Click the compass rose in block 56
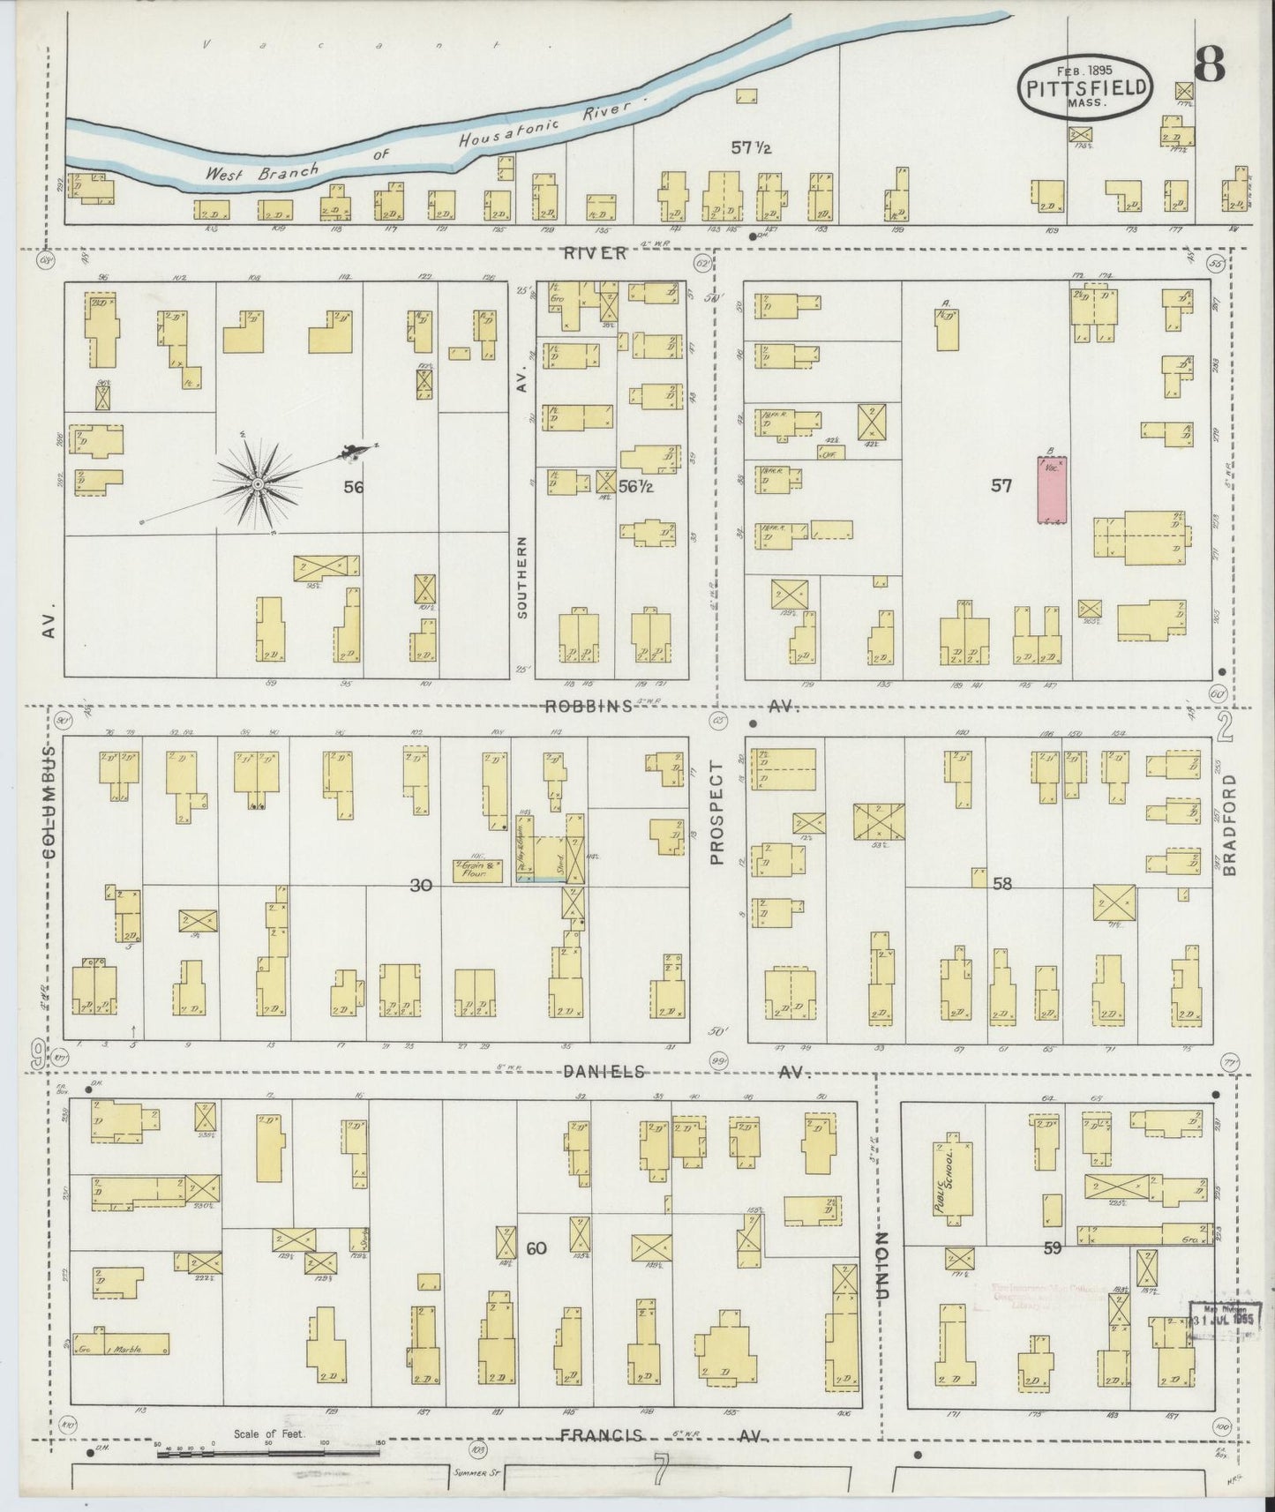256,483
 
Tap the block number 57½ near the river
751,147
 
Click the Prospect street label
716,812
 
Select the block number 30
421,885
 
